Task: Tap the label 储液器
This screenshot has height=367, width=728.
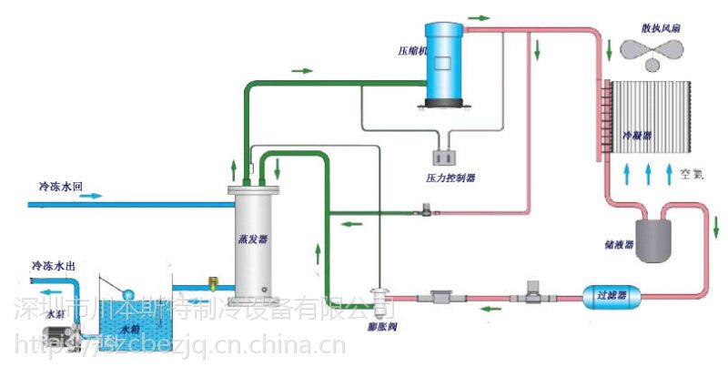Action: (x=618, y=243)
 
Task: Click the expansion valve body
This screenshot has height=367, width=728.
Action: (x=379, y=296)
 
